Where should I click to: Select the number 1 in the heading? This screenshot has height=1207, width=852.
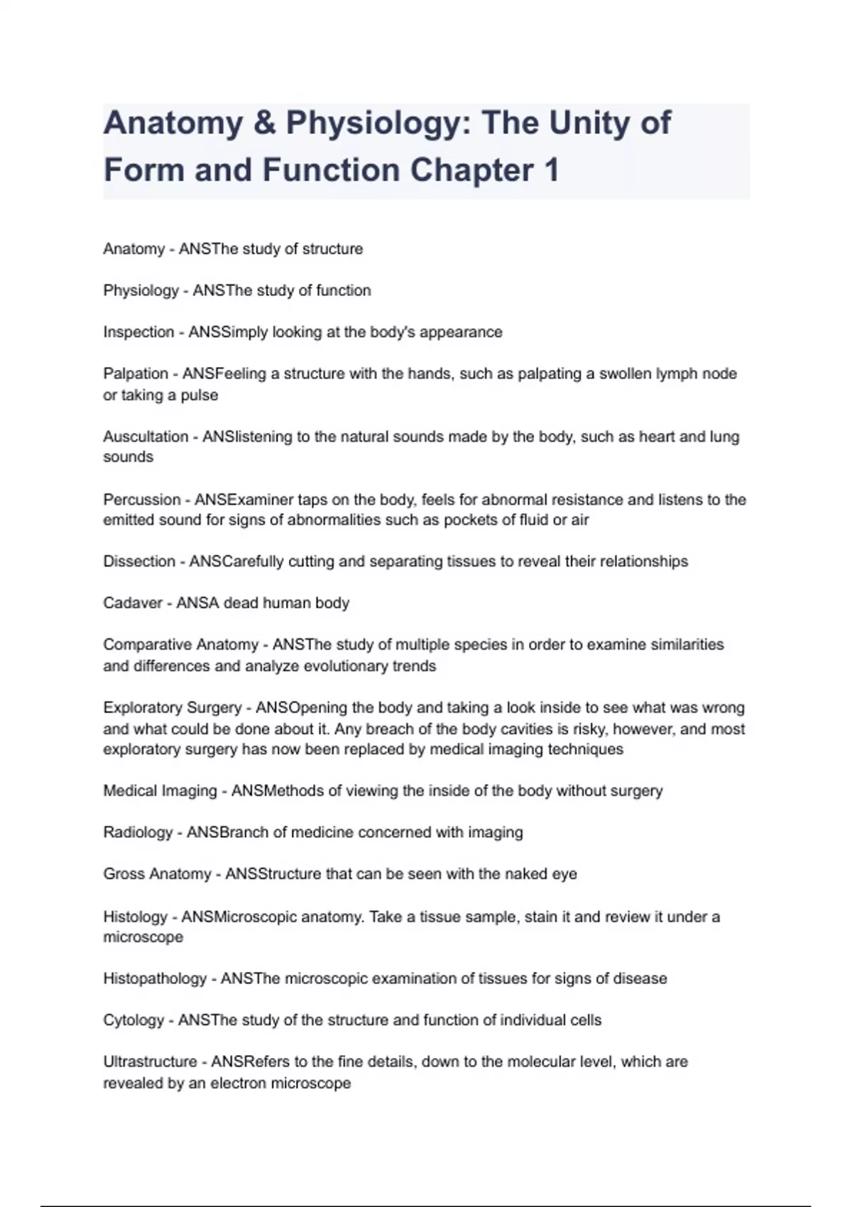tap(551, 170)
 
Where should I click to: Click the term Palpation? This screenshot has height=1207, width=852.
tap(136, 373)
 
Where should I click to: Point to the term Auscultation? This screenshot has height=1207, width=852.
tap(146, 437)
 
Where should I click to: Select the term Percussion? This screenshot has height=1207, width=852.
tap(141, 499)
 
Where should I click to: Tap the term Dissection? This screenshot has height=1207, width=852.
tap(139, 562)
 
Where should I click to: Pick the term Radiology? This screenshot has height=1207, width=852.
tap(138, 832)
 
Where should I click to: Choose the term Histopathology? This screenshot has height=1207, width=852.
tap(155, 978)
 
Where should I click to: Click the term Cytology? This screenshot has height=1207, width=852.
tap(133, 1020)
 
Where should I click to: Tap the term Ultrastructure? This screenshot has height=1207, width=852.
tap(150, 1062)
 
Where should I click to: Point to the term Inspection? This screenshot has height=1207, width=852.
tap(138, 332)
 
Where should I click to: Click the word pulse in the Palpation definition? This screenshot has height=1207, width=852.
tap(200, 395)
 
